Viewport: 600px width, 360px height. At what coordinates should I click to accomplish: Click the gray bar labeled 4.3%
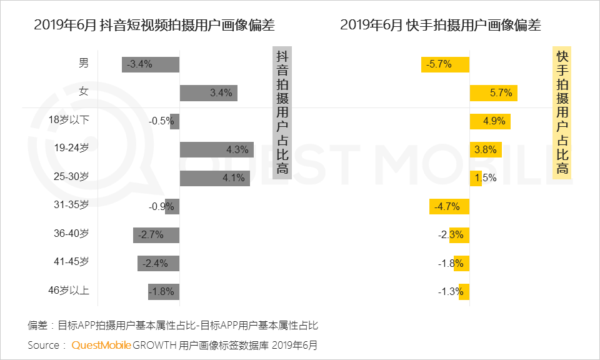216,150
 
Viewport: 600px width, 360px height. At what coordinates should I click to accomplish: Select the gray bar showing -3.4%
151,64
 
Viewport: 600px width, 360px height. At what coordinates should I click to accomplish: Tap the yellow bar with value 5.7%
493,92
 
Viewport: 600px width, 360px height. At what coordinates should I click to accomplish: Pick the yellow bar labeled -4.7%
449,206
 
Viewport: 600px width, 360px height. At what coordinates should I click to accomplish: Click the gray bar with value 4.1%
214,178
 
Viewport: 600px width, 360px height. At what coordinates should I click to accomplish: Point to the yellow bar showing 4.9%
490,121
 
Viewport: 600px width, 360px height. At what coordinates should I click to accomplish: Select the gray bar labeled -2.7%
156,235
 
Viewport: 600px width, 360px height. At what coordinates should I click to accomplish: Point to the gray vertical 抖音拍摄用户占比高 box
282,112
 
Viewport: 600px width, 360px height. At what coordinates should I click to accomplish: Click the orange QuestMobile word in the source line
101,345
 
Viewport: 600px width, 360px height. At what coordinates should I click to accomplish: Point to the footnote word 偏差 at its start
37,325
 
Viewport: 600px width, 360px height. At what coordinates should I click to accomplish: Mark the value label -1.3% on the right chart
450,292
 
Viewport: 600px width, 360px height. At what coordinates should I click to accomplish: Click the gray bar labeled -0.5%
174,121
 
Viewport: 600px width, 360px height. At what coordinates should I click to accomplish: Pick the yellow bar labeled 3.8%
486,149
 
